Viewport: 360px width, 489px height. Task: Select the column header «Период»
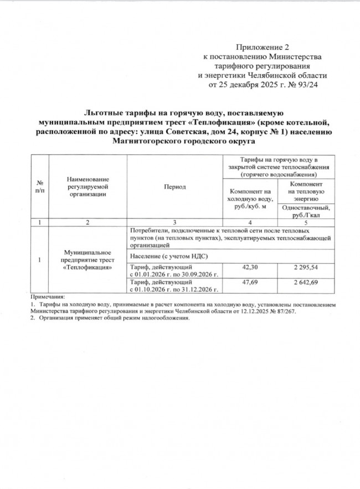point(174,187)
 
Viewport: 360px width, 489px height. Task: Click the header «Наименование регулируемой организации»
point(88,187)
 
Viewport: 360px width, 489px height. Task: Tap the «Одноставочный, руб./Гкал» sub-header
point(306,211)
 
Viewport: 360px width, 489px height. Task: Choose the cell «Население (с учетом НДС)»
point(164,256)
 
